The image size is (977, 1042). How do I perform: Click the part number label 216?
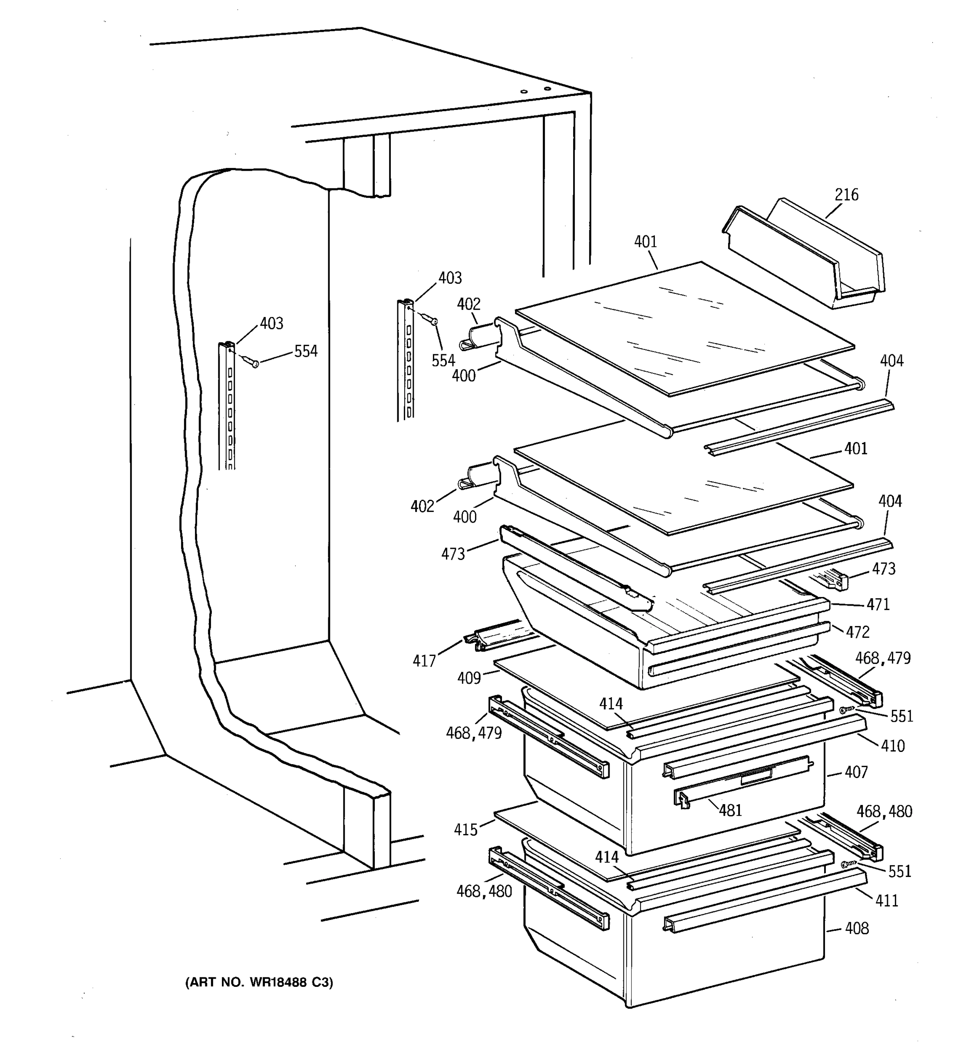click(x=846, y=195)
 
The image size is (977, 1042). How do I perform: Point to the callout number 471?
click(x=878, y=605)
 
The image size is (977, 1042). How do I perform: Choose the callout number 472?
click(x=858, y=633)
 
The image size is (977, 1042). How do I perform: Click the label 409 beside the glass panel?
click(x=469, y=678)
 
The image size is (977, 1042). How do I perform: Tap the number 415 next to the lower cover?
click(x=466, y=830)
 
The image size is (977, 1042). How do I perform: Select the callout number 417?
click(x=424, y=661)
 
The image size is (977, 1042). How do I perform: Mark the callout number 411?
click(x=886, y=901)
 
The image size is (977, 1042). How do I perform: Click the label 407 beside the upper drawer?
click(x=856, y=772)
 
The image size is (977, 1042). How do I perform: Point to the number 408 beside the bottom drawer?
click(x=856, y=929)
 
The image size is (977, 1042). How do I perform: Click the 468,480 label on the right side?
click(x=884, y=812)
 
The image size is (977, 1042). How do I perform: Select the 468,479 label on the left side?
click(x=473, y=733)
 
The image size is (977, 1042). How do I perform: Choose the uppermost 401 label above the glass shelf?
click(x=645, y=242)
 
